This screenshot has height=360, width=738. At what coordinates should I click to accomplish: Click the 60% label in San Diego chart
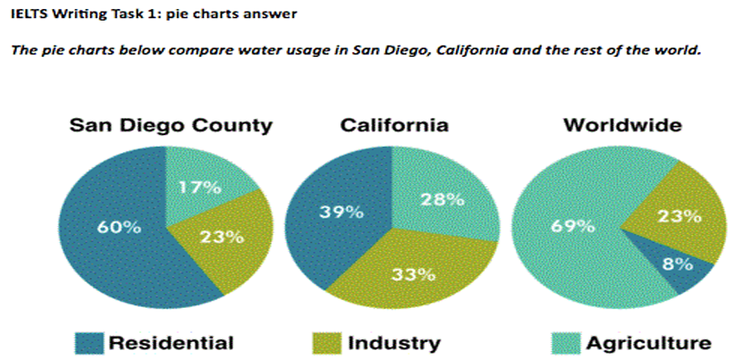119,228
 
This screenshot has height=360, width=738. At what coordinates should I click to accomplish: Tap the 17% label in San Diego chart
199,188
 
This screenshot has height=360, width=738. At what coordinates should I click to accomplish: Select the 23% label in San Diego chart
221,237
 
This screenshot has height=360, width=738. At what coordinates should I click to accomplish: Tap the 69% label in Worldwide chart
572,226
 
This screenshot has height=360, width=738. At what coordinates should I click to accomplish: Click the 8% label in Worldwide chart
678,264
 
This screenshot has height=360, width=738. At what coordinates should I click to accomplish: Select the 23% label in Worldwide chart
679,215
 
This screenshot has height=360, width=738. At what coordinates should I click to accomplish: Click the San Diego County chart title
170,126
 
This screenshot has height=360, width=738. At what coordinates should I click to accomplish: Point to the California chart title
393,126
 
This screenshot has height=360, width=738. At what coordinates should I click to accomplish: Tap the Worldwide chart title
622,126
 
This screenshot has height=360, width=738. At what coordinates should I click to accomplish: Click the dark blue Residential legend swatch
89,342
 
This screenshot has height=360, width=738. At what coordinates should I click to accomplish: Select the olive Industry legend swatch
326,342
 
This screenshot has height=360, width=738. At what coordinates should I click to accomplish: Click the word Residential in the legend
171,343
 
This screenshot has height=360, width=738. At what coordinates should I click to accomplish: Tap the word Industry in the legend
393,343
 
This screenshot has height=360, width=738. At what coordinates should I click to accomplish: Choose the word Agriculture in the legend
648,343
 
